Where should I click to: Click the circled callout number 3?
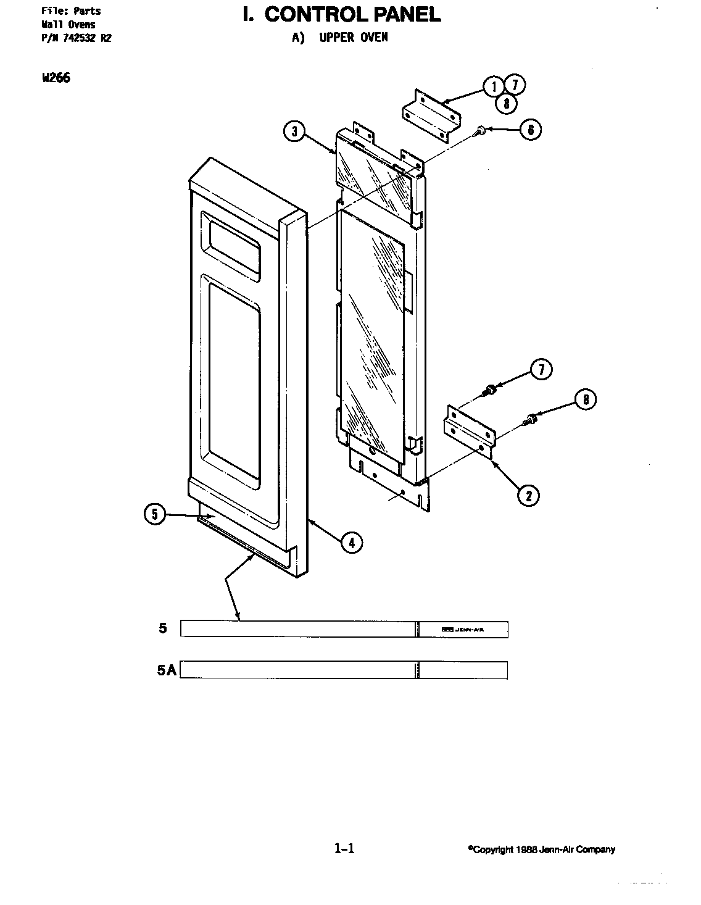click(296, 131)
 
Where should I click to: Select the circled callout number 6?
click(530, 130)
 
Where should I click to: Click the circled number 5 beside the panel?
click(155, 514)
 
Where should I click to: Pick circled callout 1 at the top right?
click(494, 86)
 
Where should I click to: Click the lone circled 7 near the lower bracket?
click(541, 370)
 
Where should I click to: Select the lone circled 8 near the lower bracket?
click(586, 400)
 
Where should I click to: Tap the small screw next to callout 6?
click(481, 130)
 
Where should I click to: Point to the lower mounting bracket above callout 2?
click(469, 430)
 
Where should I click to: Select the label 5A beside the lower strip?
click(166, 670)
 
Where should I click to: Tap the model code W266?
click(56, 78)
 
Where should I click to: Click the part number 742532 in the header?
click(80, 38)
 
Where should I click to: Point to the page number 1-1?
click(344, 849)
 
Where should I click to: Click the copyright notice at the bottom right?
click(541, 849)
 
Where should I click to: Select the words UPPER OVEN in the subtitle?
click(354, 37)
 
